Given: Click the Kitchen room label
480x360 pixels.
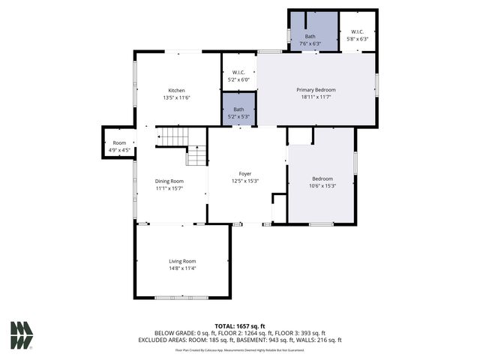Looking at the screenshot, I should [176, 90].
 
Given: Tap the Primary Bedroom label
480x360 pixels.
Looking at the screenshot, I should [316, 90].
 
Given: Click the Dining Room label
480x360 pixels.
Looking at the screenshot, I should [169, 181].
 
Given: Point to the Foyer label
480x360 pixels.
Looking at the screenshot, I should [245, 173].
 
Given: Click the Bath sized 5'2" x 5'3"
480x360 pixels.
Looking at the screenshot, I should [238, 112].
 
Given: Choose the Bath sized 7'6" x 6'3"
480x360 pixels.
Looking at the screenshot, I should [310, 39].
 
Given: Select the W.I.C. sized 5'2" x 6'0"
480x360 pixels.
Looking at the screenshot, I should [238, 76].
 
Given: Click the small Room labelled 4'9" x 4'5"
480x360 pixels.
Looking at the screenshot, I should [119, 145].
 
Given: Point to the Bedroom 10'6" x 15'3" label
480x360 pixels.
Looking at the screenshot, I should [322, 178].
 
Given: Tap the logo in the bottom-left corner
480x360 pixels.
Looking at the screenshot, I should [21, 335].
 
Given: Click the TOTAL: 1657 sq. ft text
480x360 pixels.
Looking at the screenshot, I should [240, 326].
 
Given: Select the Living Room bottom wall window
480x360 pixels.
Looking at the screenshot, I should [181, 298].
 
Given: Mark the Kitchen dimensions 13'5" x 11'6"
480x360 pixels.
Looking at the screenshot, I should [176, 97].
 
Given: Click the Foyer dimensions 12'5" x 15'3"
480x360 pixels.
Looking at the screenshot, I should [245, 181].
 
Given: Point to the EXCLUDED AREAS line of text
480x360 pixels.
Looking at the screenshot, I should [240, 339].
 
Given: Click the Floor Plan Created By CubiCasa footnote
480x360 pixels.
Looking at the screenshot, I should [240, 349].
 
